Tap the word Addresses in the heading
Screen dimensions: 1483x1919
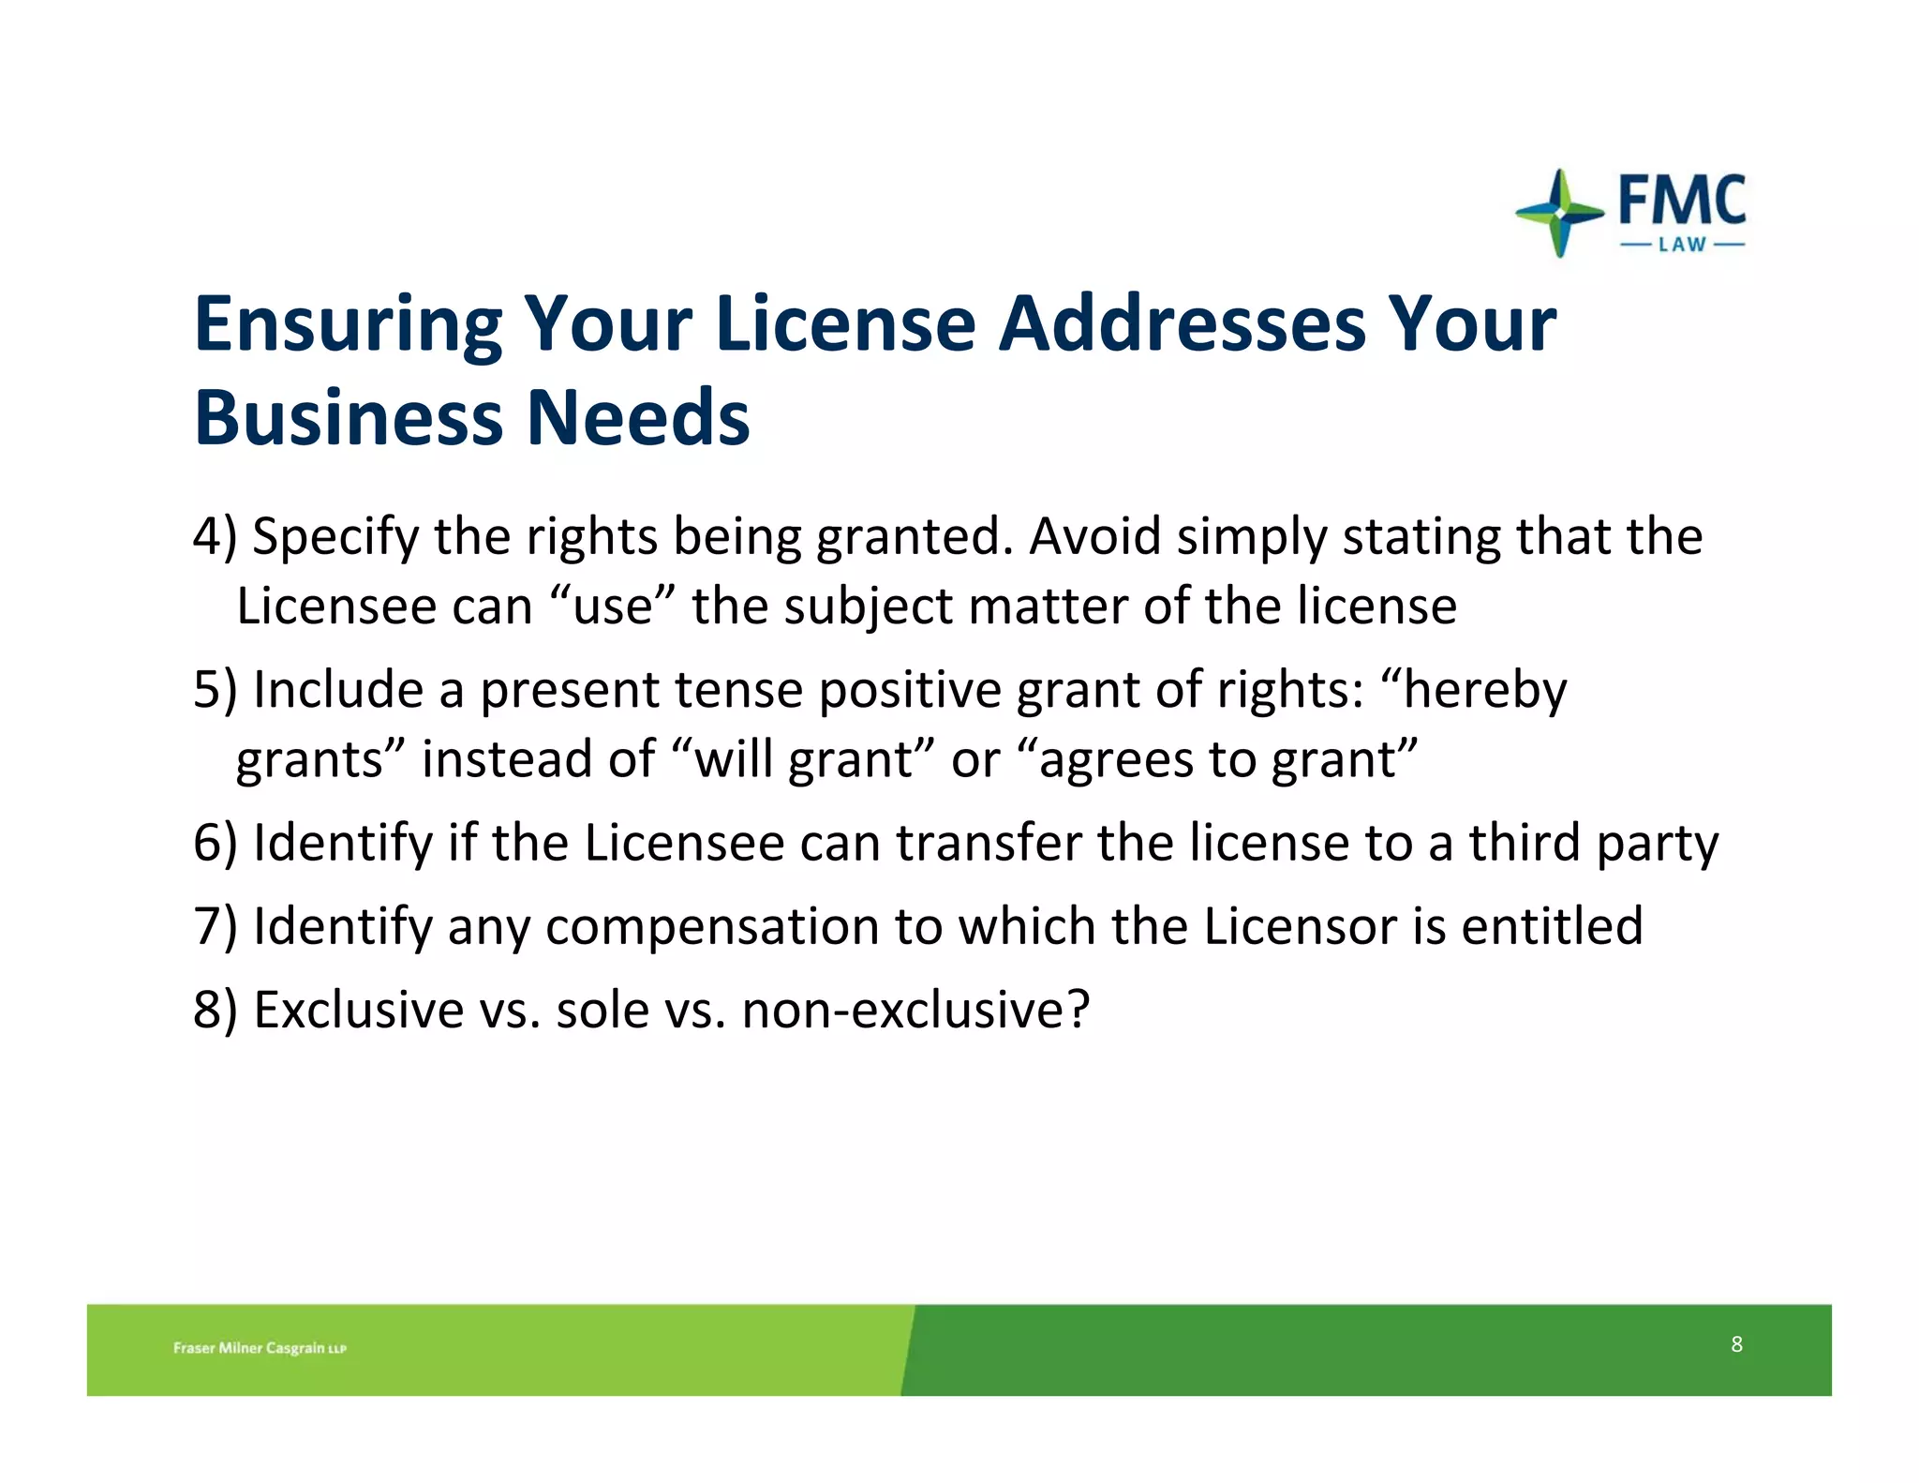click(x=1182, y=323)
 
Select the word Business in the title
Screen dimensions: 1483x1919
click(x=348, y=417)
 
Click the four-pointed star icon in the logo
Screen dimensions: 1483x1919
click(x=1559, y=213)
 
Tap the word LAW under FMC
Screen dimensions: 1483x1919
click(x=1682, y=245)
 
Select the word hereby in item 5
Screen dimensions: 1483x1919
click(x=1484, y=691)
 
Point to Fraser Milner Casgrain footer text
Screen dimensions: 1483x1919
click(x=260, y=1348)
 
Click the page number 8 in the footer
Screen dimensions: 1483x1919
click(x=1736, y=1344)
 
